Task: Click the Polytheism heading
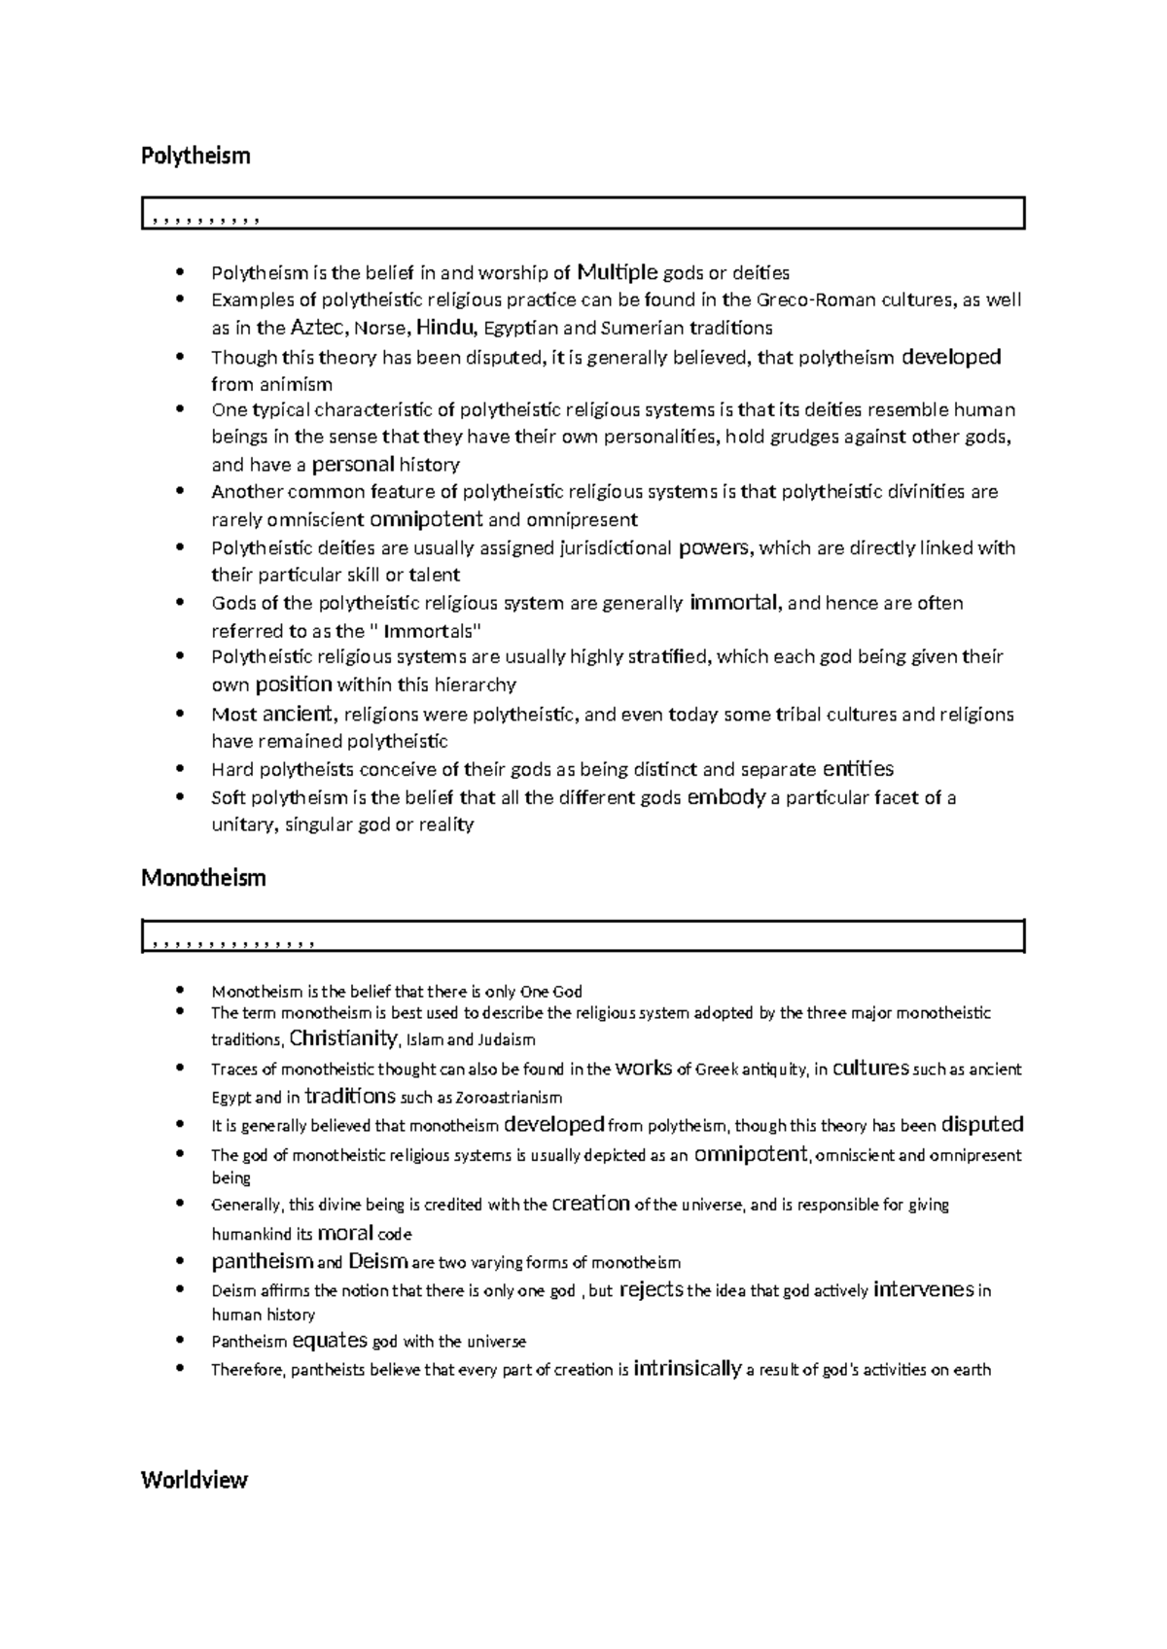click(195, 156)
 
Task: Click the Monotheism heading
click(203, 878)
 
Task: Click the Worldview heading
click(194, 1480)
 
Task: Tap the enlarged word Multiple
click(618, 271)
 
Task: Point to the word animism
click(296, 383)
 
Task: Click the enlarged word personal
click(352, 465)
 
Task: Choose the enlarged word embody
click(725, 798)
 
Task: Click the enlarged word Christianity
click(344, 1038)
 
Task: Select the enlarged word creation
click(590, 1204)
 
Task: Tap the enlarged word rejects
click(651, 1290)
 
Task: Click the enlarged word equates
click(330, 1341)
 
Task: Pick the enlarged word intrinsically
click(687, 1369)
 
